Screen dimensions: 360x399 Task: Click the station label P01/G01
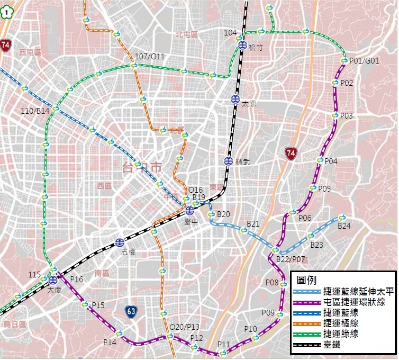click(x=364, y=61)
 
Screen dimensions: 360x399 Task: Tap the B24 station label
click(x=344, y=226)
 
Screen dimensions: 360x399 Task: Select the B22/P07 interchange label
click(x=291, y=259)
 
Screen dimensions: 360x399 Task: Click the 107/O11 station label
click(x=150, y=57)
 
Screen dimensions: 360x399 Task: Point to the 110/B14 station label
click(x=35, y=111)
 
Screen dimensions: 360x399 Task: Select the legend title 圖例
click(x=307, y=280)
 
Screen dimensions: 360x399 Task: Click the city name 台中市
click(x=141, y=169)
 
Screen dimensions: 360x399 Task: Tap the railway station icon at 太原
click(x=234, y=99)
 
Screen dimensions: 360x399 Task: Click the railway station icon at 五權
click(x=120, y=242)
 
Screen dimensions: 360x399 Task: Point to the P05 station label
click(x=324, y=188)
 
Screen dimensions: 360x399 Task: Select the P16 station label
click(x=76, y=279)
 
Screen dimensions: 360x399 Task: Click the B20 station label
click(x=223, y=214)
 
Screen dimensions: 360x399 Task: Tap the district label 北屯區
click(x=186, y=34)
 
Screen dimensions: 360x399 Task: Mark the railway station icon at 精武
click(x=228, y=161)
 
